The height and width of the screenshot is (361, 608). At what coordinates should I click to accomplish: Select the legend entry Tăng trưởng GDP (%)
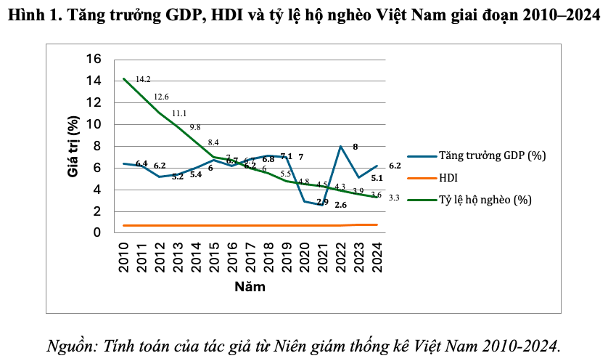coord(492,155)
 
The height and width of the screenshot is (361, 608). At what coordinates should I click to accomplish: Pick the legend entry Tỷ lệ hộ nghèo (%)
coord(485,199)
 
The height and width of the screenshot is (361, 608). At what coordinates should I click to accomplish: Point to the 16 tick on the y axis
coord(94,59)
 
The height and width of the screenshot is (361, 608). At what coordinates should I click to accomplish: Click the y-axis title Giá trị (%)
coord(73,147)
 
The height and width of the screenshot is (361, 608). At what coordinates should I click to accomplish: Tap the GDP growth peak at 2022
coord(340,146)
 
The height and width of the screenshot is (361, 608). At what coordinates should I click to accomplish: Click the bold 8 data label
coord(356,147)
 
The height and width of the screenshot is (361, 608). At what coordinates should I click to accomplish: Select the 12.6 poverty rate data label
coord(161,97)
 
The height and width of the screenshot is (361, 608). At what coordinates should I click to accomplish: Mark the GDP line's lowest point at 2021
coord(322,205)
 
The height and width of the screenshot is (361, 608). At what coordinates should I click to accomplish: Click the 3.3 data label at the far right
coord(395,198)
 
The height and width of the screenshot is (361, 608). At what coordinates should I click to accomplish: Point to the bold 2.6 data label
coord(340,205)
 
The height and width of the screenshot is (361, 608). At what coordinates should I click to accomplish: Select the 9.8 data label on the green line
coord(195,127)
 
